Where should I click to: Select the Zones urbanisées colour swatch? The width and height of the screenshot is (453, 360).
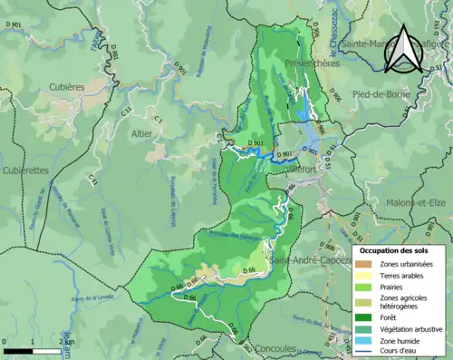tap(363, 264)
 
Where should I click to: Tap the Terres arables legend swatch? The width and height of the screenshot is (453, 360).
tap(363, 277)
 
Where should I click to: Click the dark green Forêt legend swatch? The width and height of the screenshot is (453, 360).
tap(363, 317)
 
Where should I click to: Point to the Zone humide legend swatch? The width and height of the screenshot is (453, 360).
tap(363, 339)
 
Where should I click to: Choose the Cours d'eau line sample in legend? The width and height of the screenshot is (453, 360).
tap(363, 352)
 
